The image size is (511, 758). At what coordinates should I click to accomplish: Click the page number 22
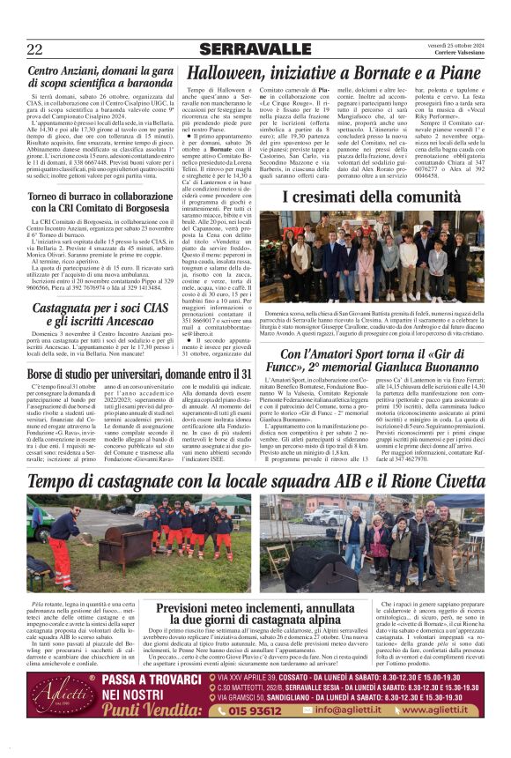pyautogui.click(x=34, y=48)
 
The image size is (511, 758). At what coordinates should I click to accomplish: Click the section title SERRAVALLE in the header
pyautogui.click(x=255, y=49)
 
